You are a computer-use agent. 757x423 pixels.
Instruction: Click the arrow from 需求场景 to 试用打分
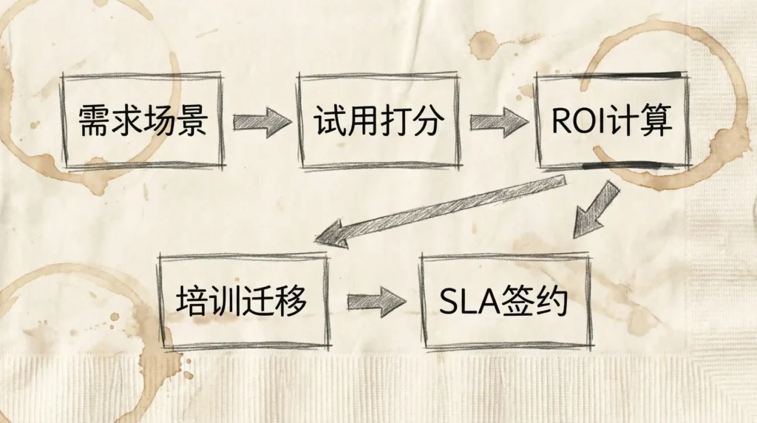point(262,121)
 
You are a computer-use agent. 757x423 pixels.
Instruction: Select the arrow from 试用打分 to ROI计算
point(499,121)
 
